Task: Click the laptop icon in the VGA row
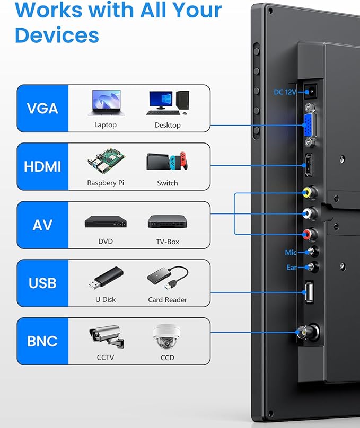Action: [x=106, y=103]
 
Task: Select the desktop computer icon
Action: [x=168, y=103]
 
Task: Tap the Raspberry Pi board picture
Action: [x=106, y=161]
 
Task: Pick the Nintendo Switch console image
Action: [x=167, y=161]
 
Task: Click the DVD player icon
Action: [x=106, y=221]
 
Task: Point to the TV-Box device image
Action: [x=168, y=221]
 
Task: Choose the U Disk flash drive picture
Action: [x=106, y=278]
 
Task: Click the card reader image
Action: [x=168, y=278]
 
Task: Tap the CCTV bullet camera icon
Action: [x=107, y=336]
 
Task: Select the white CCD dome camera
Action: [x=166, y=336]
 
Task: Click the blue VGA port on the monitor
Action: [x=309, y=126]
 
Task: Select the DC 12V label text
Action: [x=285, y=92]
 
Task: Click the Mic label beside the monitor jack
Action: [x=291, y=253]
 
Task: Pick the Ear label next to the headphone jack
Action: [x=292, y=267]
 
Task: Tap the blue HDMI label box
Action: [x=42, y=166]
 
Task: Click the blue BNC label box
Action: [x=42, y=341]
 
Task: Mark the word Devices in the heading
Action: [x=57, y=35]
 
